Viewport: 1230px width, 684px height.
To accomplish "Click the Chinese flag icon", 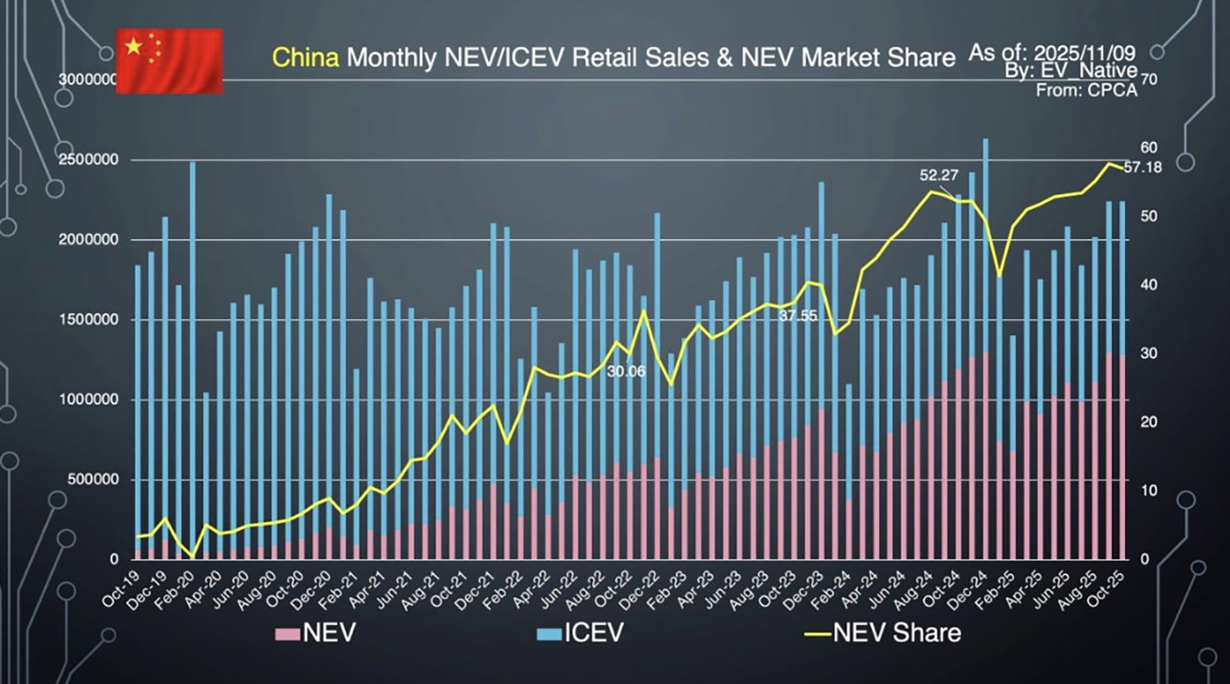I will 169,61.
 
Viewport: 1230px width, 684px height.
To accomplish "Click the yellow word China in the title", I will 305,57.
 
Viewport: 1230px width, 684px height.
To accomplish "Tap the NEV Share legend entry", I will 882,633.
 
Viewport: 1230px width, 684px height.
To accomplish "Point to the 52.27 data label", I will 939,176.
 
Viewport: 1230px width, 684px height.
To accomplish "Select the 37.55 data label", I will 797,316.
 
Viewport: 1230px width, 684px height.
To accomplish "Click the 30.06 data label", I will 626,372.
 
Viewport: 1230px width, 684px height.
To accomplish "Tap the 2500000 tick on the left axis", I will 87,160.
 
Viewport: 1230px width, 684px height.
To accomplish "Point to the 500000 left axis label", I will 91,480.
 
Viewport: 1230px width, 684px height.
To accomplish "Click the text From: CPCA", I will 1086,90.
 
